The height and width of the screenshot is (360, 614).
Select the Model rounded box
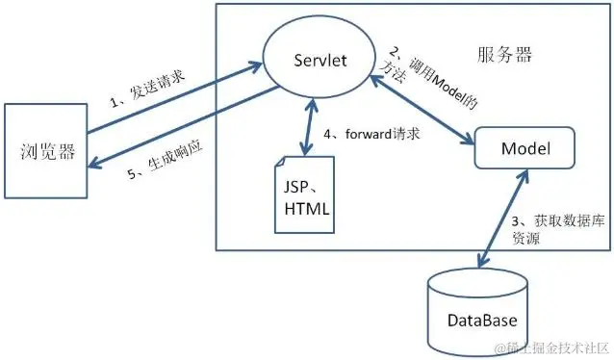[525, 151]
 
